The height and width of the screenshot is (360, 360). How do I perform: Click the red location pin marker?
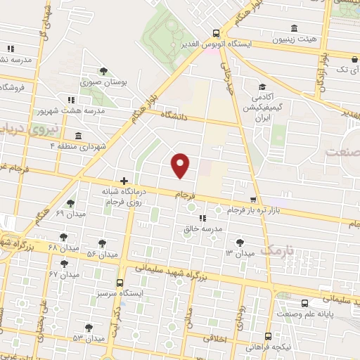click(181, 165)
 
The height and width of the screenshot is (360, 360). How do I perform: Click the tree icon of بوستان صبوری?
click(103, 71)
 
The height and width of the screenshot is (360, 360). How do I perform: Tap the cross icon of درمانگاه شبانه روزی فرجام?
click(124, 181)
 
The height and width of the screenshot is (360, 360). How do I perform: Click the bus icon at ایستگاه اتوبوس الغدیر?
click(216, 32)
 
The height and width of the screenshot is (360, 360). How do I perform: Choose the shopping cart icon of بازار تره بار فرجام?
click(254, 200)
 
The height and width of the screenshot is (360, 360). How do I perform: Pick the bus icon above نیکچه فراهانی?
click(268, 337)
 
